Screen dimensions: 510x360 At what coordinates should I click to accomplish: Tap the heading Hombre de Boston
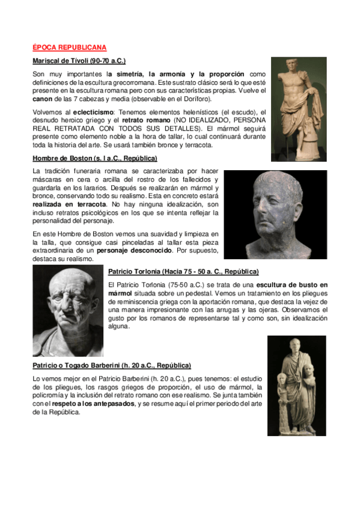pos(94,158)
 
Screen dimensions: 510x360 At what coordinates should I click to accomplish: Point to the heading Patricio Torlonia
pos(183,271)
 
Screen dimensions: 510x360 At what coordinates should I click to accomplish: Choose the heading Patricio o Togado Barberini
pos(112,365)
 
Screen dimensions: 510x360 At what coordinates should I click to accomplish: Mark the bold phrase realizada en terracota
pos(70,205)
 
